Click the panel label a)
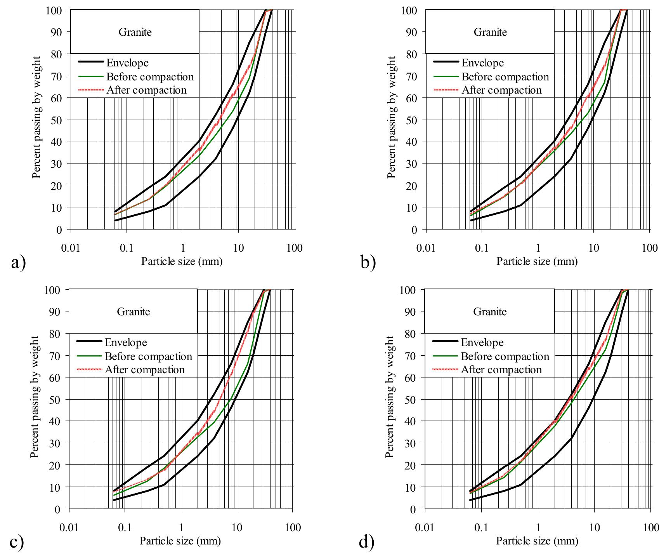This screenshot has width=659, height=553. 18,263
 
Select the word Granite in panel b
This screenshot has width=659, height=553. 490,32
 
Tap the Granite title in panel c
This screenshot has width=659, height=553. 134,311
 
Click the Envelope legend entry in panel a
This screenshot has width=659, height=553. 127,63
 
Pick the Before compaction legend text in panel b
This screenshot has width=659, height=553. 505,77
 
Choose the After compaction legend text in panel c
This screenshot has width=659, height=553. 145,370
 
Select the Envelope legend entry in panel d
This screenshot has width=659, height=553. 482,343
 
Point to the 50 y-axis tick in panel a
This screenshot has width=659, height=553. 57,120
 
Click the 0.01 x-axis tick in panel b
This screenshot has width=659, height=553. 426,248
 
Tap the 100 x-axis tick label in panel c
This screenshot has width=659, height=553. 293,527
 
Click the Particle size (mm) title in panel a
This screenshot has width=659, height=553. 182,261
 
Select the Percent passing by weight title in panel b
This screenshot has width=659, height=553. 392,117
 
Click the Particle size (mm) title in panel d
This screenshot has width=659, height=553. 537,541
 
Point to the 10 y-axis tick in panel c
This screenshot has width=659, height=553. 55,487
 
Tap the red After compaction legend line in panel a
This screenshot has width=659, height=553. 91,90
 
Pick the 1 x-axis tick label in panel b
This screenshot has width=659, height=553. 538,248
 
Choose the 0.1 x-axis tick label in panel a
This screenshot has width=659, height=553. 127,248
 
